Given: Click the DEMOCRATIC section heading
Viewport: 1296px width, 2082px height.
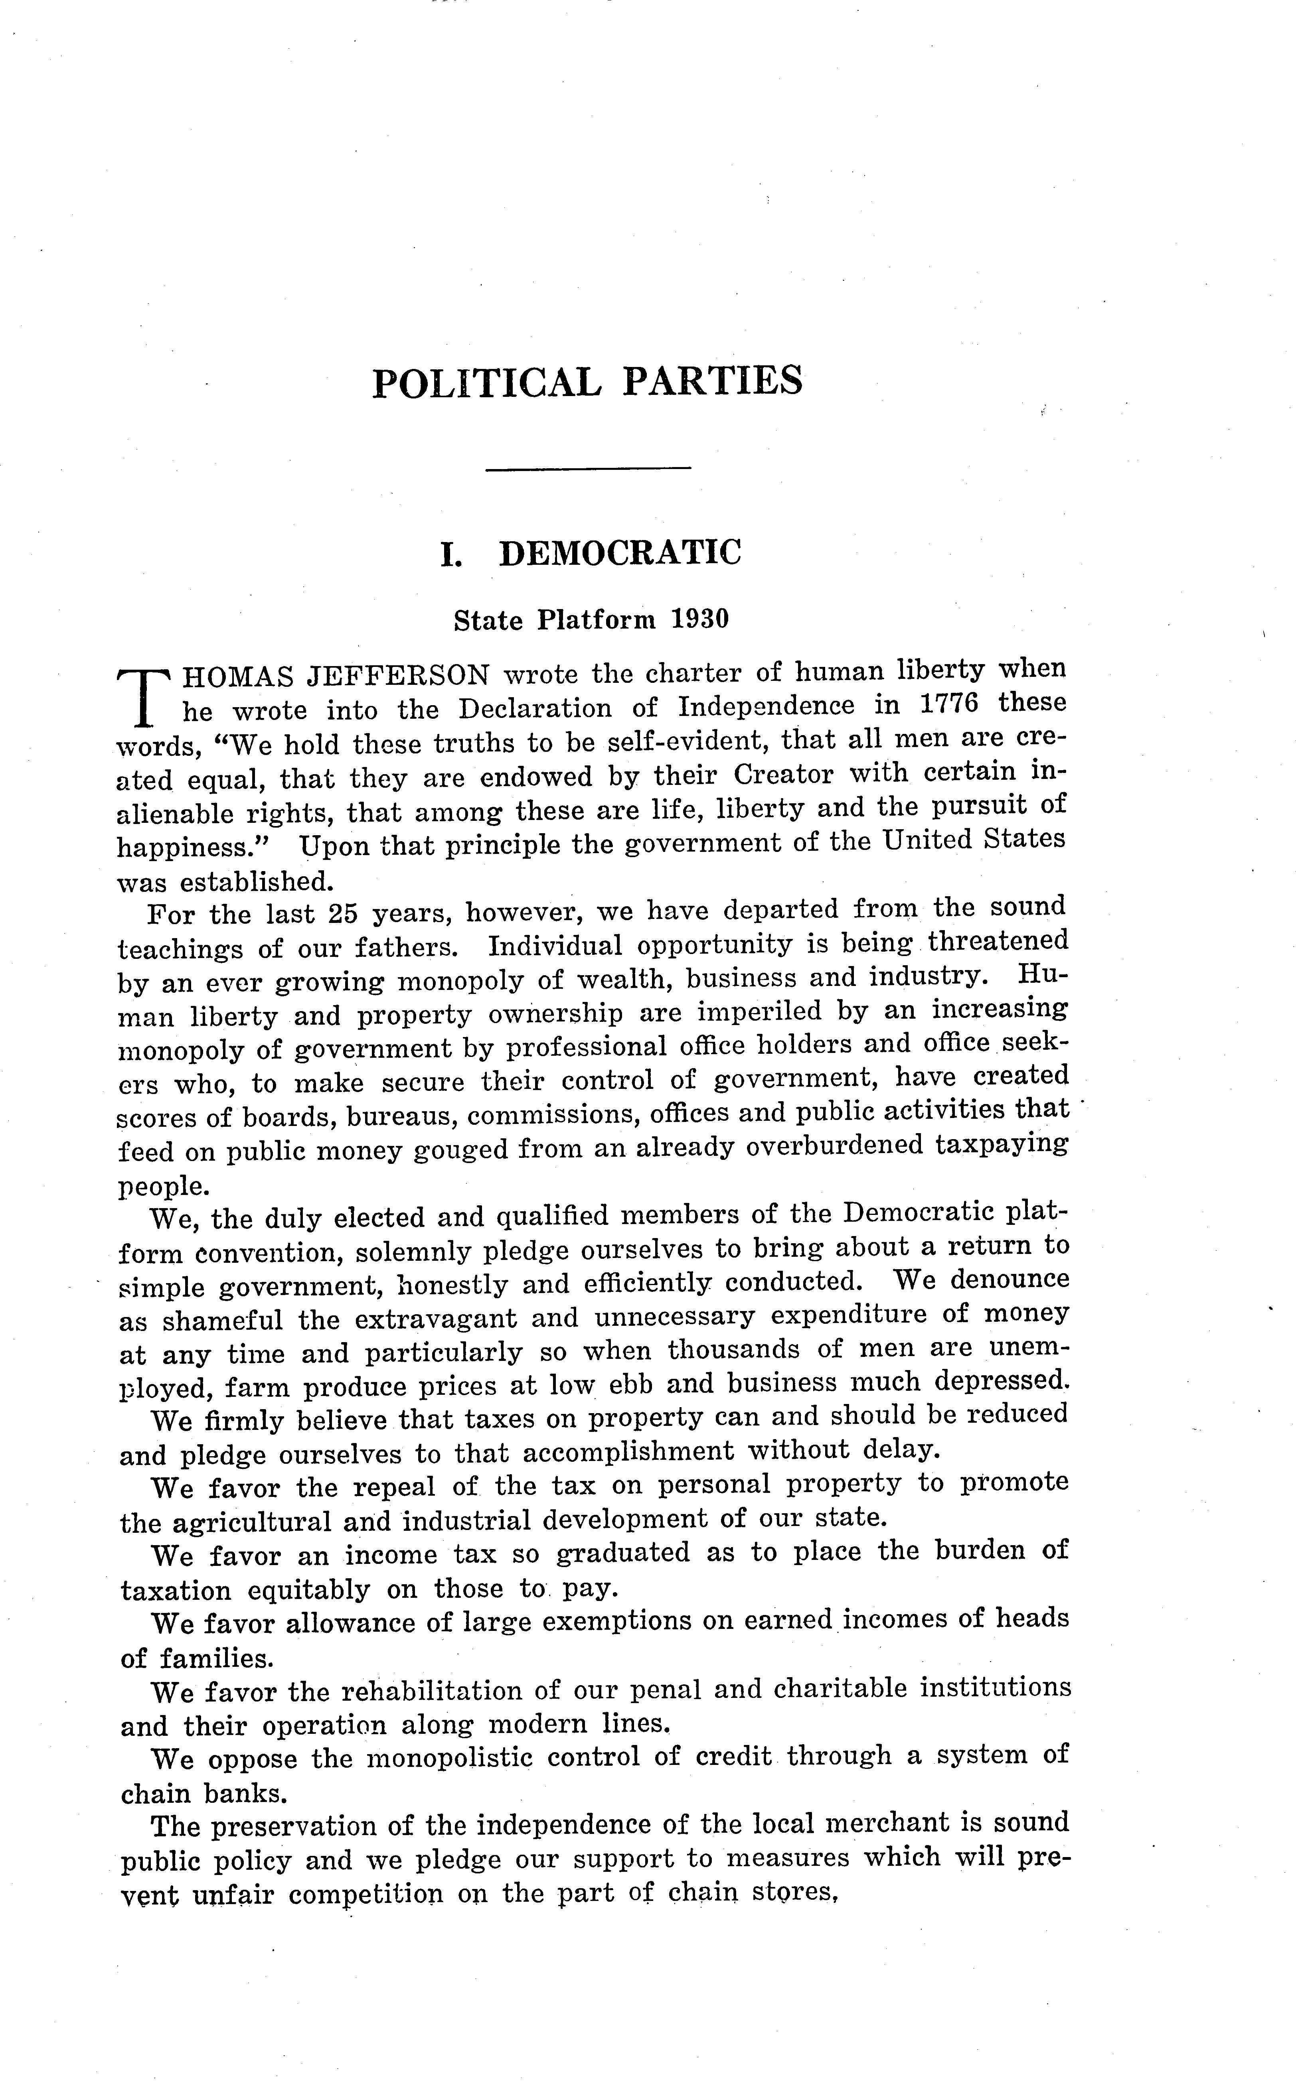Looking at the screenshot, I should coord(620,554).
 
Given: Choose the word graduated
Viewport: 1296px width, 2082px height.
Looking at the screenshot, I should coord(622,1552).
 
